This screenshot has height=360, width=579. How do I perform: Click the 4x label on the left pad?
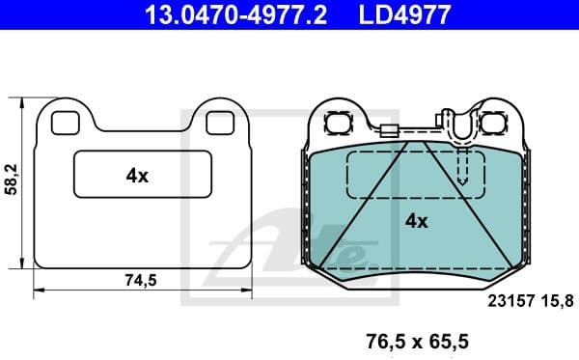click(x=137, y=176)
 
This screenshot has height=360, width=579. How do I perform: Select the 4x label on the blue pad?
click(x=416, y=220)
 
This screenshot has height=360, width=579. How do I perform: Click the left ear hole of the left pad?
click(x=64, y=123)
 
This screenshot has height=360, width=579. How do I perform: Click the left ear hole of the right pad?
click(x=338, y=124)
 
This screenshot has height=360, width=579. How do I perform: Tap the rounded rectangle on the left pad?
click(x=143, y=176)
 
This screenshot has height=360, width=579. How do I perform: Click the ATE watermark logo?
click(x=289, y=246)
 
